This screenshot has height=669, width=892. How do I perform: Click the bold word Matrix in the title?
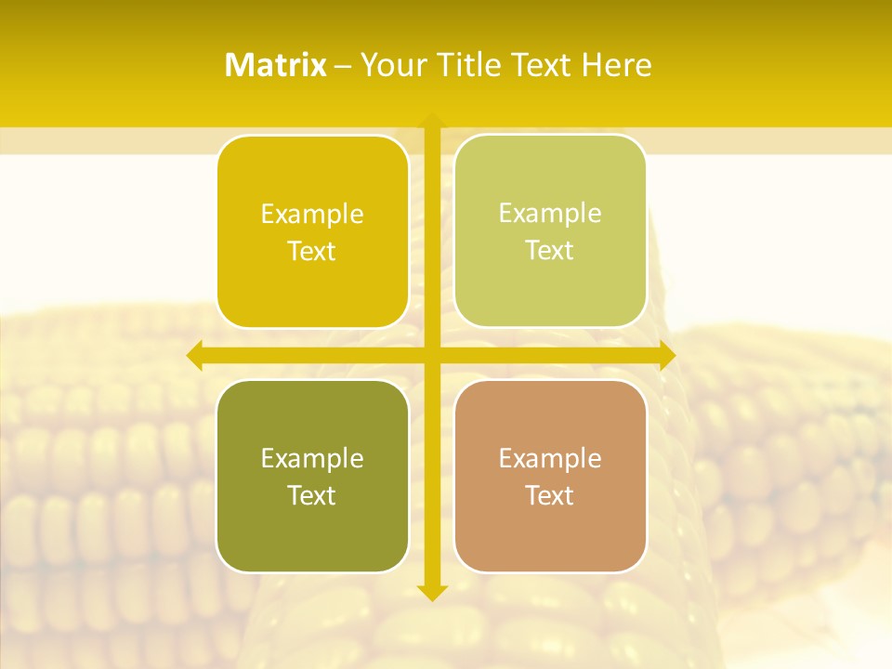276,65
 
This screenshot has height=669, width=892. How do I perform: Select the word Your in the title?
391,65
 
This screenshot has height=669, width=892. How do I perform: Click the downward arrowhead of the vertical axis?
431,592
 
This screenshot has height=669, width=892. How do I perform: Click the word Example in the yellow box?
312,215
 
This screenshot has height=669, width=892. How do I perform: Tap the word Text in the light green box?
550,251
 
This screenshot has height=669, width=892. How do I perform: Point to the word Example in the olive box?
312,458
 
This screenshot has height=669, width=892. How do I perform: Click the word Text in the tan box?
550,495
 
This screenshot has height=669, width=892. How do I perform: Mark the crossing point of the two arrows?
431,355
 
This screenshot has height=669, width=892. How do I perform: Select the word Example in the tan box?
550,458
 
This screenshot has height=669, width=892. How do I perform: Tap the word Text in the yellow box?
312,252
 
